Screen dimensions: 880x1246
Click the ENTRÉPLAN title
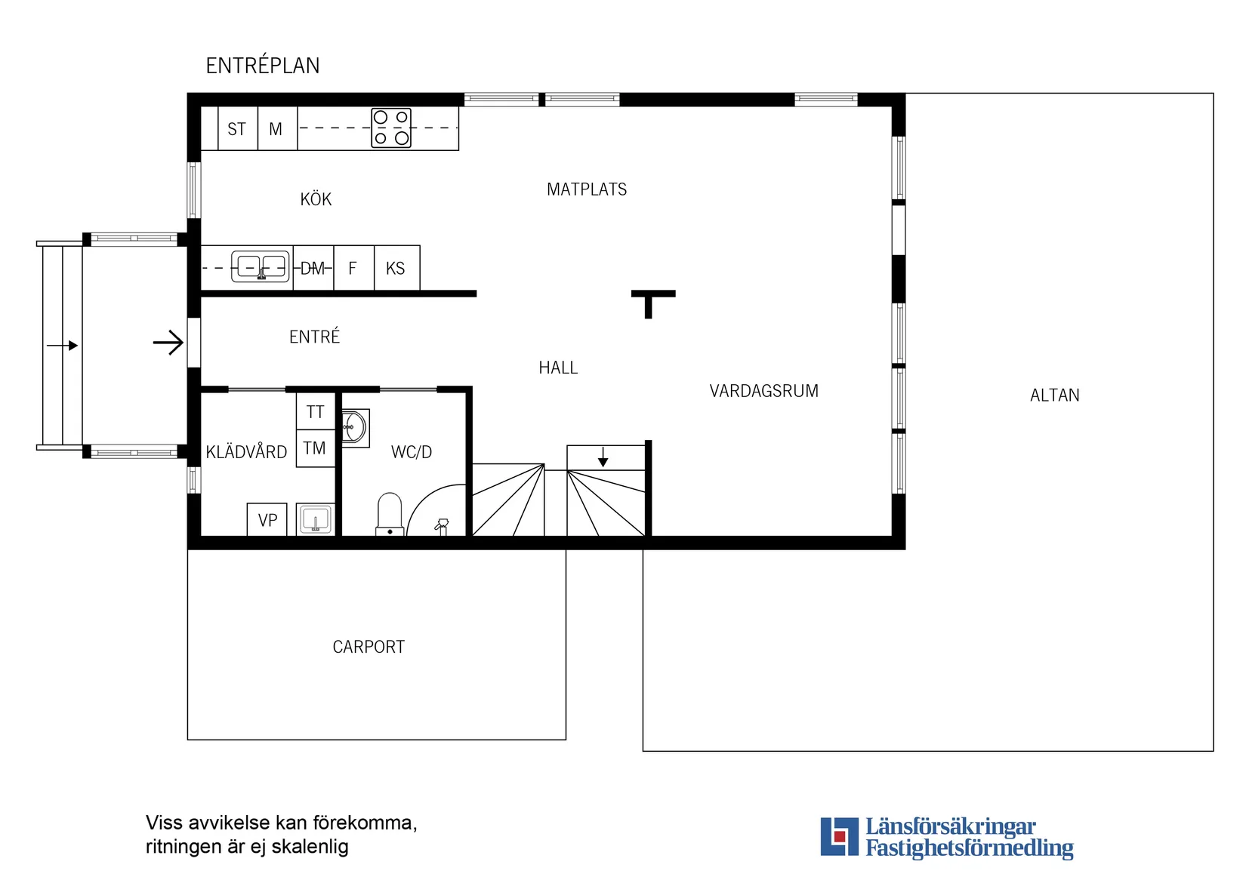[263, 66]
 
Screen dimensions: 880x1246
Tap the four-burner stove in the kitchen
[391, 128]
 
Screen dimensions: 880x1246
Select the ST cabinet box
[237, 129]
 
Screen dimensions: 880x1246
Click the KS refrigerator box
[396, 268]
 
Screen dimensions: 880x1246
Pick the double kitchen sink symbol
[261, 266]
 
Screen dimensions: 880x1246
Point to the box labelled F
[353, 268]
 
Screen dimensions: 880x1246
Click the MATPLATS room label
[587, 189]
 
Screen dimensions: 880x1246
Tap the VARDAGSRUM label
[763, 391]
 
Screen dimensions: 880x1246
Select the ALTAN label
[1054, 395]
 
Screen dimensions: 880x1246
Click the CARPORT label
[369, 647]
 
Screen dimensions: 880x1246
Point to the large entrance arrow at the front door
[168, 343]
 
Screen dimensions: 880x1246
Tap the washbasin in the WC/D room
[354, 428]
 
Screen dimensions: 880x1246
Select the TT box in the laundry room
[316, 412]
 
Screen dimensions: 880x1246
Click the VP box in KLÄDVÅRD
[267, 520]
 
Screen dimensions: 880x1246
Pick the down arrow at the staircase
[603, 457]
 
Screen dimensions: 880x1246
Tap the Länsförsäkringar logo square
[839, 836]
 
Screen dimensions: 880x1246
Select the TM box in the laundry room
[315, 448]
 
